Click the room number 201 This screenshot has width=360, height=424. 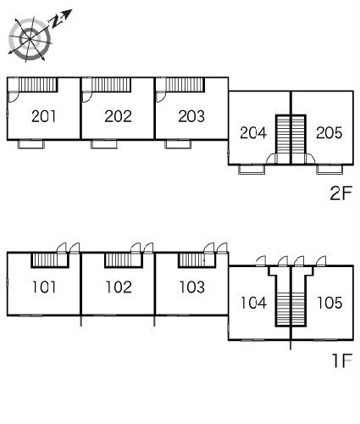[x=43, y=116]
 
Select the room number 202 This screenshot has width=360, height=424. [x=118, y=116]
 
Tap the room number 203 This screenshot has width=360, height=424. [x=191, y=116]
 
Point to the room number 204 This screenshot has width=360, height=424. [x=253, y=132]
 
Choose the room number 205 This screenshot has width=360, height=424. [x=330, y=132]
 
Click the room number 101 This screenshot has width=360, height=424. [x=44, y=287]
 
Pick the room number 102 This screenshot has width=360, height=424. [x=119, y=287]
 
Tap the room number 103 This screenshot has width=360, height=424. [x=192, y=287]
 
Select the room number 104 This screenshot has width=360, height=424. [x=253, y=303]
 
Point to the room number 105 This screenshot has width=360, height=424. [x=330, y=303]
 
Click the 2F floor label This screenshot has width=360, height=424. [x=341, y=193]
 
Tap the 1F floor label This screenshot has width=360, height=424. [x=342, y=360]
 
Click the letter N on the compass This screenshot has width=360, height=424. [x=57, y=21]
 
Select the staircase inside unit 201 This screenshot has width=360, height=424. [x=38, y=85]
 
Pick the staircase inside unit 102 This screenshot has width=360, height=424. [x=123, y=260]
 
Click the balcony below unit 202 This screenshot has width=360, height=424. [x=104, y=144]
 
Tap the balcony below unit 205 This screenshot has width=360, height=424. [x=330, y=169]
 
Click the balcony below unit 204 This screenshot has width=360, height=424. [x=252, y=169]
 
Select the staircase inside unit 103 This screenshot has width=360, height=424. [x=197, y=260]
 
